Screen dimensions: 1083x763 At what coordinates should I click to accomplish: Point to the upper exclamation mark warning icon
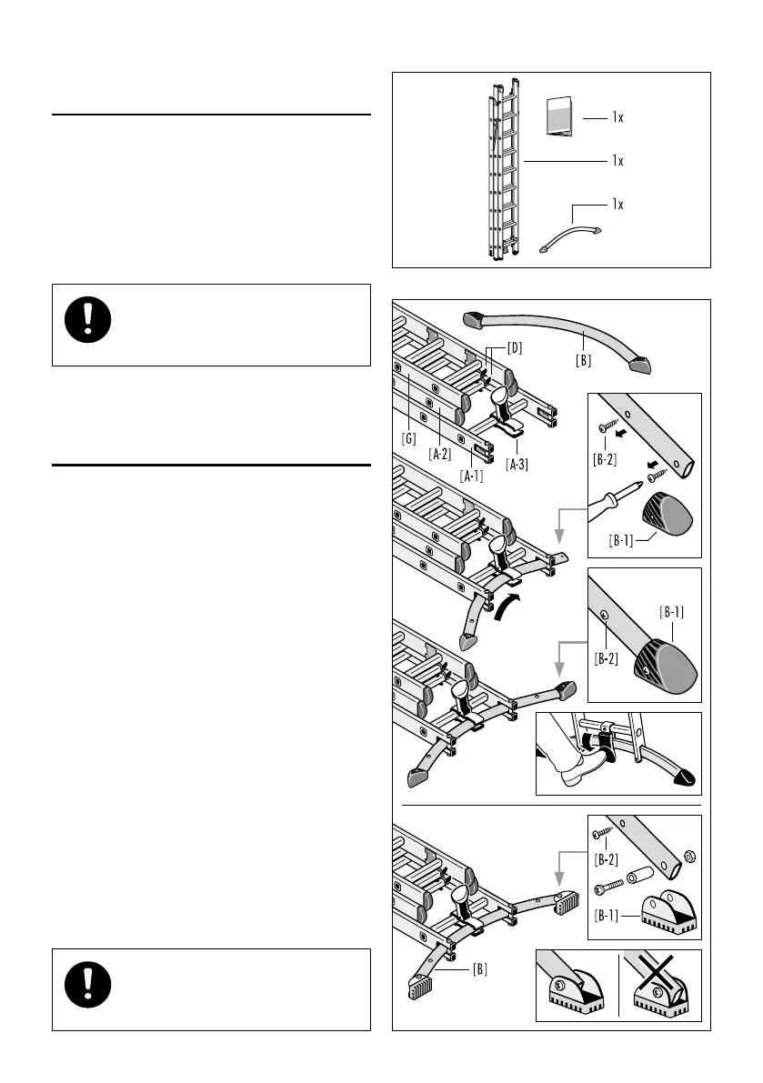[x=88, y=323]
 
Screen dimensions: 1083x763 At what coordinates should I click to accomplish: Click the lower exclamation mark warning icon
[x=88, y=988]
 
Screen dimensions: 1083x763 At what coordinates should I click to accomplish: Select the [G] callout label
[x=409, y=437]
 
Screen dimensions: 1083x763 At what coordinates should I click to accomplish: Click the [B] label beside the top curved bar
[x=583, y=360]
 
